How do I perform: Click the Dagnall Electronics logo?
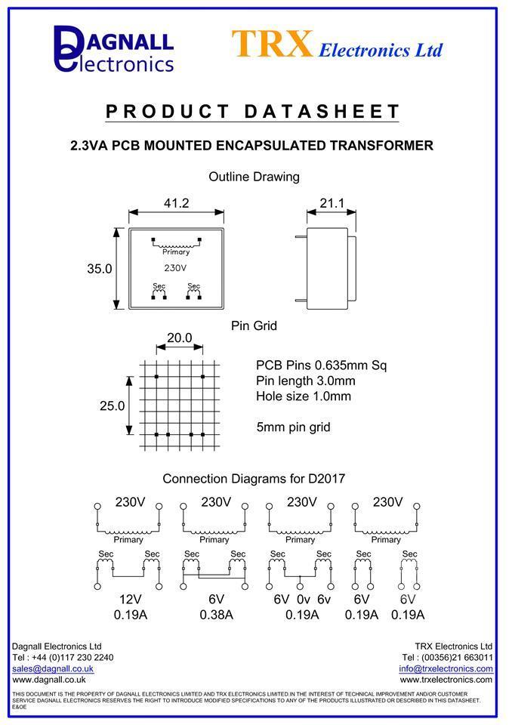click(113, 48)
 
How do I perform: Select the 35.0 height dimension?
click(100, 268)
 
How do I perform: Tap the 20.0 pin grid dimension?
click(179, 338)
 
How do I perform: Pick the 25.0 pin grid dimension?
click(112, 406)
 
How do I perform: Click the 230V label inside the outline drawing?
click(175, 268)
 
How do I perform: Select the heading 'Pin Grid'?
click(254, 325)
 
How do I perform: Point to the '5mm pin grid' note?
click(293, 427)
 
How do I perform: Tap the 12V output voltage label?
click(130, 599)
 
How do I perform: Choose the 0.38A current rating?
click(216, 615)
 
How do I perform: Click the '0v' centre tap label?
click(302, 599)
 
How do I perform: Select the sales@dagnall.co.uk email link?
click(53, 668)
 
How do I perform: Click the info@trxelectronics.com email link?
click(446, 668)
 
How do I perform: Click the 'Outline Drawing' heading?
click(254, 177)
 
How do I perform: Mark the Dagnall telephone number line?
click(63, 657)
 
